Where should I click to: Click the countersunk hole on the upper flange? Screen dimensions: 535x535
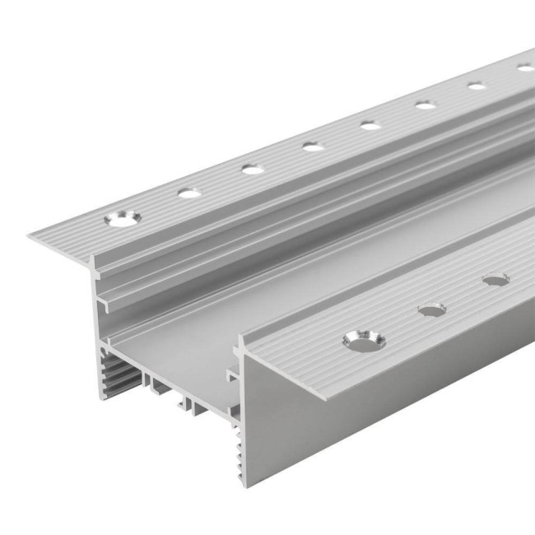(123, 219)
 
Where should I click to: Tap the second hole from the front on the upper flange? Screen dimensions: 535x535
(189, 193)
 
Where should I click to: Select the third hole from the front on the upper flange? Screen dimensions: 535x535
(253, 170)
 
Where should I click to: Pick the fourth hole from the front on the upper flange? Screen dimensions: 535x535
(313, 147)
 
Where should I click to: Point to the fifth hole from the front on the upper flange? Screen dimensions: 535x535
(370, 125)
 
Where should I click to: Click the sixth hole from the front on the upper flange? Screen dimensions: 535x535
(425, 105)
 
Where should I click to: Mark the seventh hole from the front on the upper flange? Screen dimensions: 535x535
(477, 85)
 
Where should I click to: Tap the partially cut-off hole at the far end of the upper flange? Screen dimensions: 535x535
(525, 67)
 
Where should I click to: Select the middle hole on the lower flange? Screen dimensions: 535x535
(431, 310)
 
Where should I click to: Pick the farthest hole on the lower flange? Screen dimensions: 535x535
(495, 280)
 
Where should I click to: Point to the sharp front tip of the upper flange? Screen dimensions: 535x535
(30, 237)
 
